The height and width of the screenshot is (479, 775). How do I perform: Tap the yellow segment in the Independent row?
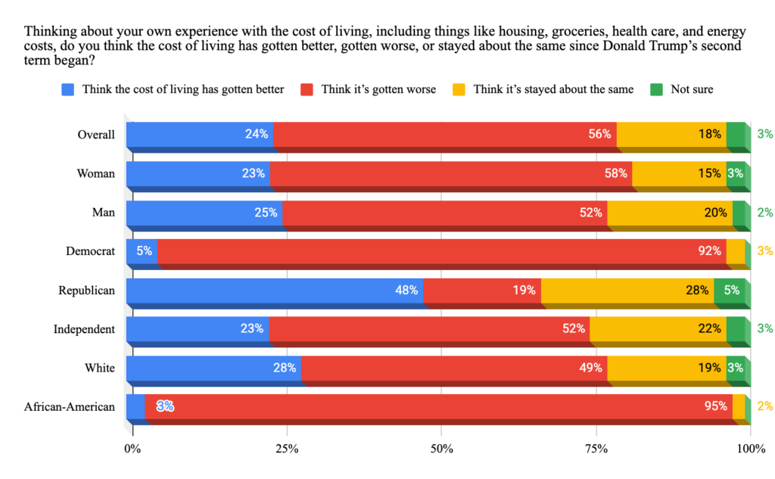(x=657, y=328)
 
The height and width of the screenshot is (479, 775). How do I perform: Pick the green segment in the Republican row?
(x=730, y=290)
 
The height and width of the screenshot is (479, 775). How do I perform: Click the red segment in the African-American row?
(x=439, y=406)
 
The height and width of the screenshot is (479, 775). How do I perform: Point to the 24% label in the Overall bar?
(x=257, y=135)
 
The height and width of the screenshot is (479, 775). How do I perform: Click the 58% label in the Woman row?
(x=616, y=173)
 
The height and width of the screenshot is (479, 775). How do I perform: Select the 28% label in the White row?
(x=284, y=368)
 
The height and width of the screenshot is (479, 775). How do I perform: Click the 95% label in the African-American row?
(x=716, y=406)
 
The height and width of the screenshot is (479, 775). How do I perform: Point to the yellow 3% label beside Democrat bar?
(x=764, y=251)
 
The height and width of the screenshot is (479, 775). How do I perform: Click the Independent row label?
(x=84, y=329)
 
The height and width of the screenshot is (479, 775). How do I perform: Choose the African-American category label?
(x=70, y=407)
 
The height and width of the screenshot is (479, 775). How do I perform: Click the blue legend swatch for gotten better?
(x=68, y=89)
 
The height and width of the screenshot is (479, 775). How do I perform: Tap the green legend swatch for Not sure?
(x=656, y=89)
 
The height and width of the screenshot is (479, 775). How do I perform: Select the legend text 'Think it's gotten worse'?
(x=378, y=89)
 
